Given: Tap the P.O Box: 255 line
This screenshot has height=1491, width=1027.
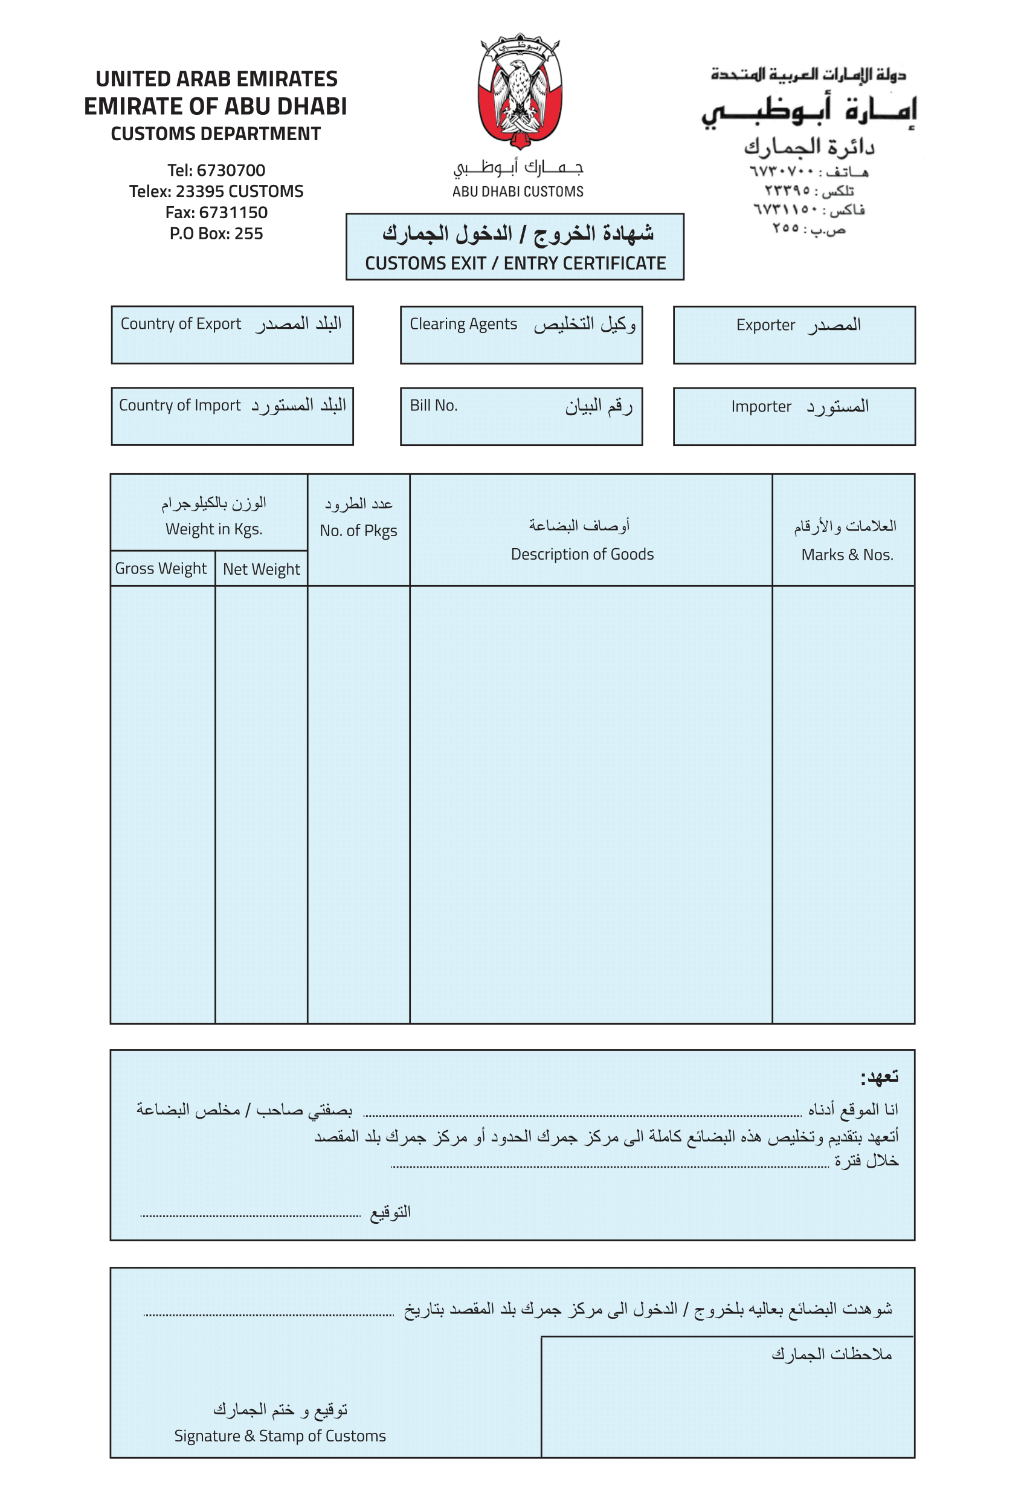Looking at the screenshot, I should point(216,234).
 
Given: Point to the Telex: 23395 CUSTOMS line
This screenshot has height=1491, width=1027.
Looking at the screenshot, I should point(216,191).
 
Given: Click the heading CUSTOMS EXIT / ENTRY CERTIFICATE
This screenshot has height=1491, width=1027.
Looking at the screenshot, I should point(515,264).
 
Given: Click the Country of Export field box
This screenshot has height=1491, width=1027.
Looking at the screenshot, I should point(233,335).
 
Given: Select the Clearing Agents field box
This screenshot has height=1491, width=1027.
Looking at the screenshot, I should point(521,335).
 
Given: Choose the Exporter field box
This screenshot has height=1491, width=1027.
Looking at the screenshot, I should point(794,335).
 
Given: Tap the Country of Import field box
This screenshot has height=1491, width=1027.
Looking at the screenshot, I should point(233,416).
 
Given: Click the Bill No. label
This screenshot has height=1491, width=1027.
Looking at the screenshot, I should point(434,406).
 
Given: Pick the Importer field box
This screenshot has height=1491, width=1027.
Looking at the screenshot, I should point(794,416).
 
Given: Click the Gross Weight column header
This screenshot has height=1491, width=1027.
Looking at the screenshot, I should point(161,569).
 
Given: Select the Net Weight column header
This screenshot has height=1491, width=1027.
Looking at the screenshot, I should point(261,569).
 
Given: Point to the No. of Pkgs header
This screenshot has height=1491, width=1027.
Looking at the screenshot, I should point(358,531).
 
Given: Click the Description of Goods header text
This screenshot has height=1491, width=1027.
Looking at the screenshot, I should point(582,554).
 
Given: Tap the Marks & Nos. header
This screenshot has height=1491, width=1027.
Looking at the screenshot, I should point(847,554).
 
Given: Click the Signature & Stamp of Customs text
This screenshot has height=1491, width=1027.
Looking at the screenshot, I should point(280,1435).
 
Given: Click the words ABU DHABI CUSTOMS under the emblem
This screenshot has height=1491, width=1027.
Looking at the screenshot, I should point(517,192).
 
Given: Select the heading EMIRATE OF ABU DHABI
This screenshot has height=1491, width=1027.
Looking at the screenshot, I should point(216,106).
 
